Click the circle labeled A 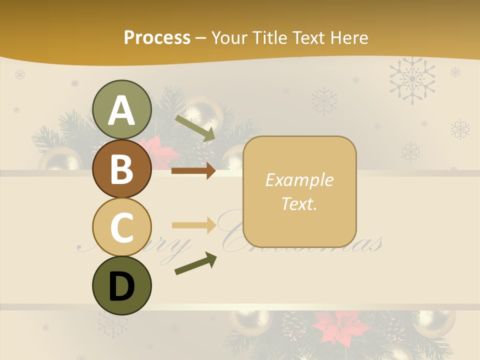(121, 109)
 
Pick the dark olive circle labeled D (121, 285)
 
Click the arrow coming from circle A (195, 127)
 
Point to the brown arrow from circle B (193, 171)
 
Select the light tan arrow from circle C (193, 225)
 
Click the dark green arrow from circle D (195, 263)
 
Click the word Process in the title (157, 37)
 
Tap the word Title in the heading (269, 37)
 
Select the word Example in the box (299, 180)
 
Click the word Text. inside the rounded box (299, 204)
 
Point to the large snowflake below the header (412, 79)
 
